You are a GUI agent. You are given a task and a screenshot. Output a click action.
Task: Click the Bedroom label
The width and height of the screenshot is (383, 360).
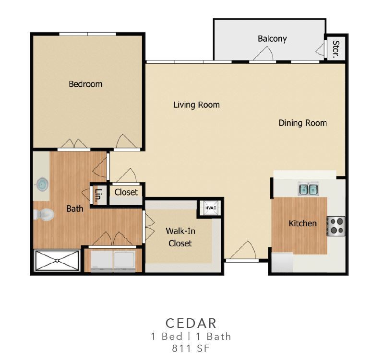coord(85,84)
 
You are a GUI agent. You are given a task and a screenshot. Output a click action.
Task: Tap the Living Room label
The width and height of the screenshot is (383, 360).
coord(196,105)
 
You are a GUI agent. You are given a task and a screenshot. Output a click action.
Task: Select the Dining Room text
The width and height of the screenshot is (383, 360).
coord(302,123)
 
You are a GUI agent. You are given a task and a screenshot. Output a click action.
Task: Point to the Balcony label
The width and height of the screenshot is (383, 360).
coord(272,39)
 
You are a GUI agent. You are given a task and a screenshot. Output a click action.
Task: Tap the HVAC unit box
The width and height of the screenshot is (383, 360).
coord(210,208)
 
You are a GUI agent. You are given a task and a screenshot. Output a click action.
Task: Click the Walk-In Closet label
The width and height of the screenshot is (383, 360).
coord(180,237)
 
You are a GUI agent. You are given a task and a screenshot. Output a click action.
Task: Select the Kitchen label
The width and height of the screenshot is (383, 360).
coord(302,223)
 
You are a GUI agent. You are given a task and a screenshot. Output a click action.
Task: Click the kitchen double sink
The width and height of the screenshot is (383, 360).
coord(308,189)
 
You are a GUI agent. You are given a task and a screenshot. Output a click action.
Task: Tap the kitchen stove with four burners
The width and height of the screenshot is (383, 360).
coord(336,226)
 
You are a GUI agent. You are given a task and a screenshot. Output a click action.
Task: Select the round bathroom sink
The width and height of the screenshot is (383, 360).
coord(42,184)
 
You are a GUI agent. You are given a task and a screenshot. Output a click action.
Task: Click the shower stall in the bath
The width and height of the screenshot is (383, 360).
coord(57,261)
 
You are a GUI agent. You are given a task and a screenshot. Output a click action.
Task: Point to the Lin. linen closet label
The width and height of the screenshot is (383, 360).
coord(98,195)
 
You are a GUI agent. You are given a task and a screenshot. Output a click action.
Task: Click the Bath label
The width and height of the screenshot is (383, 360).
coord(74,209)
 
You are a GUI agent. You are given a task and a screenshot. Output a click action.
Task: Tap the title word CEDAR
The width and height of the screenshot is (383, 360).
coord(191,323)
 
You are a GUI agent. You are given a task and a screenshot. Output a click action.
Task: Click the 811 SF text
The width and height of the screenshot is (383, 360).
coord(191,348)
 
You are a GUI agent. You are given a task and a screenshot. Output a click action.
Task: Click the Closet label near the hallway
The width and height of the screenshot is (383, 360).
coord(126,192)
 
